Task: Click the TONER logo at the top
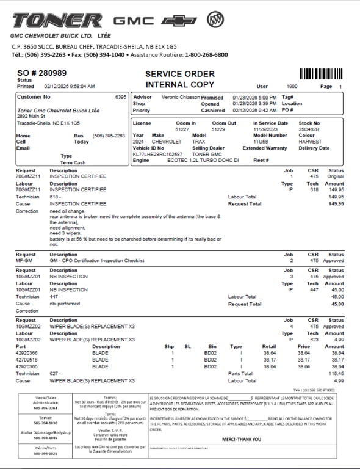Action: click(x=57, y=21)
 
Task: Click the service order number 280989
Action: click(x=52, y=73)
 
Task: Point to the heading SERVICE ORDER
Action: click(x=180, y=74)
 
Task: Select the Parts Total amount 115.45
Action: click(x=335, y=373)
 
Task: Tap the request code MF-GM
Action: click(x=24, y=261)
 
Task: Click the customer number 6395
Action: click(x=120, y=97)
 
